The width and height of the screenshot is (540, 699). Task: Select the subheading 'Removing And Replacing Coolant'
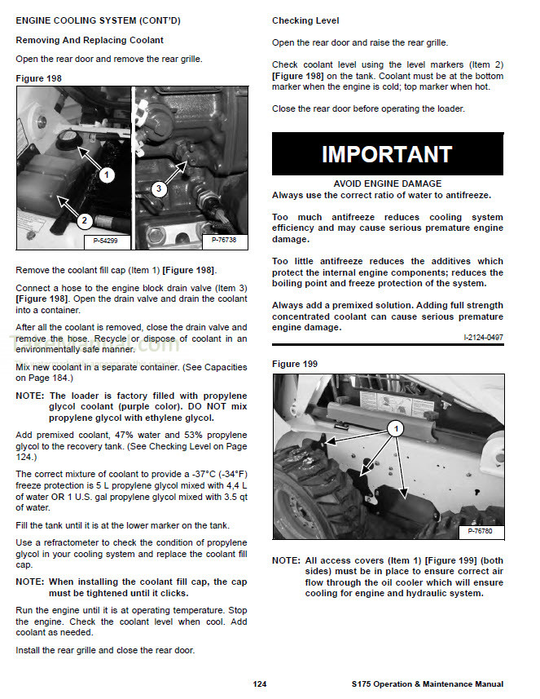[x=90, y=40]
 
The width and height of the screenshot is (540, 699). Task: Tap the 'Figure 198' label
[x=38, y=78]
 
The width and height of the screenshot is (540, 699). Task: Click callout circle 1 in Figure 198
[x=107, y=175]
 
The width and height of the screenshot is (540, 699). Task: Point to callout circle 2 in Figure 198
[x=83, y=220]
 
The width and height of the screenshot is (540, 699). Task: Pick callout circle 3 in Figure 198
[x=160, y=188]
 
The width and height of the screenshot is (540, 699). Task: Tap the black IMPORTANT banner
[x=387, y=154]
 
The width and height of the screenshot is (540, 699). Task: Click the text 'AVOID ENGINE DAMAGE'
[x=387, y=184]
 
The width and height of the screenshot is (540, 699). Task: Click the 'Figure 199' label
[x=295, y=364]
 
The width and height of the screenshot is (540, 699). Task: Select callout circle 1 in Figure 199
[x=395, y=427]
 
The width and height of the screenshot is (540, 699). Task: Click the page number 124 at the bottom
[x=259, y=684]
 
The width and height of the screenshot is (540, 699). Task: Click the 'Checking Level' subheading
[x=305, y=20]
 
